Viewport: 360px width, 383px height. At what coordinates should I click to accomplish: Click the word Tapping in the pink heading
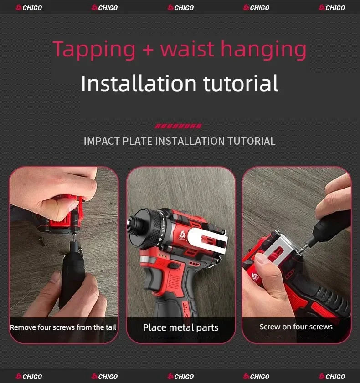(94, 50)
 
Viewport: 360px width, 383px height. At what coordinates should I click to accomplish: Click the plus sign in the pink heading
(148, 50)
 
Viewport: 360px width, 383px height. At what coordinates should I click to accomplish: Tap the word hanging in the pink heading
(263, 50)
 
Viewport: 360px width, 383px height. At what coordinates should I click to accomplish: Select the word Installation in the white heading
(139, 83)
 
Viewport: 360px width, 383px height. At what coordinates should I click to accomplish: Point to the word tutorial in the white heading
(241, 83)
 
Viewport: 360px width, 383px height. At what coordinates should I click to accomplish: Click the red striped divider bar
(179, 126)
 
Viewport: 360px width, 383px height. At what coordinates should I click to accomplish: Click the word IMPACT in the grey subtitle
(102, 141)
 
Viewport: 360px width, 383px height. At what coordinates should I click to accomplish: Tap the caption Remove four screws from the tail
(63, 327)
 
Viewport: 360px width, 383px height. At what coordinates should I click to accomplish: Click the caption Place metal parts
(180, 327)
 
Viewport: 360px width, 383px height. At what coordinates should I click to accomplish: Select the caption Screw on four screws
(296, 327)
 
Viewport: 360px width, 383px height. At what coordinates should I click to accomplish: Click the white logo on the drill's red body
(182, 235)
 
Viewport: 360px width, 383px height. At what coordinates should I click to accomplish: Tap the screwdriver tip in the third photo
(303, 248)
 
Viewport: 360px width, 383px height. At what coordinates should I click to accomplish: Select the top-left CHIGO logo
(29, 8)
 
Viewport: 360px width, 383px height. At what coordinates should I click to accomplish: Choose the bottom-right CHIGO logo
(332, 377)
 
